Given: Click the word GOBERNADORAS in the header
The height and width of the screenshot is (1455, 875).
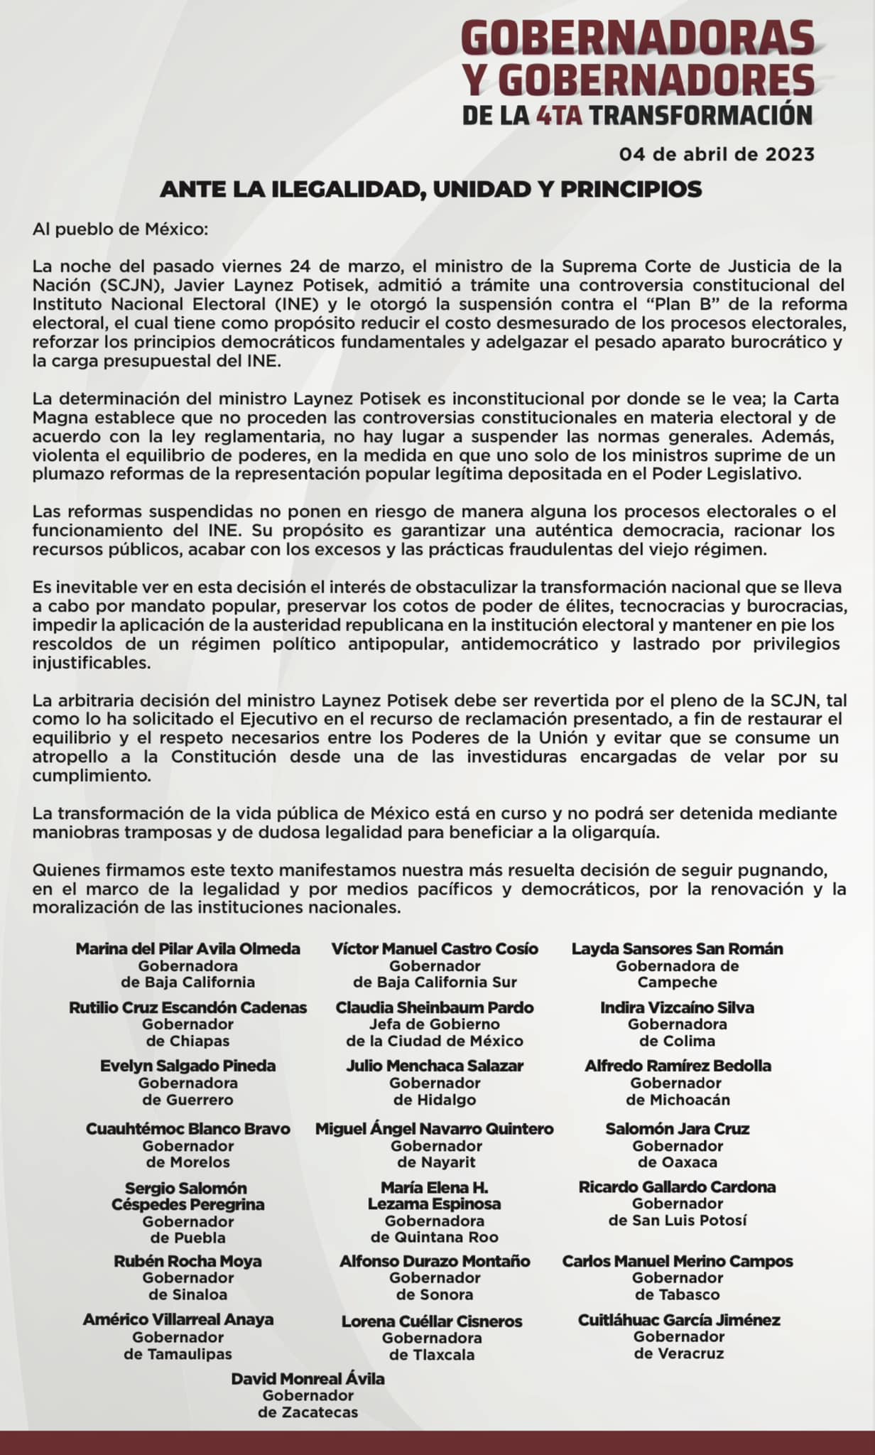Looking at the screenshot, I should tap(638, 38).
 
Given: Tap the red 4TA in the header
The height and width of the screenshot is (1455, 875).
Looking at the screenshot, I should tap(560, 115).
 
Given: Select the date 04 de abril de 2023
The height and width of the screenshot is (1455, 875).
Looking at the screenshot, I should tap(717, 154).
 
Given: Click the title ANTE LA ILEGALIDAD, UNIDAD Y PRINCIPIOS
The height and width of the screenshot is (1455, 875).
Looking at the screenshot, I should tap(430, 189).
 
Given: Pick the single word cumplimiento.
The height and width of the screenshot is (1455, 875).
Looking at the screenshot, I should tap(92, 775).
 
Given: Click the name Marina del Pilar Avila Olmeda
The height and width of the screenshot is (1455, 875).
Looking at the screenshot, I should tap(188, 948).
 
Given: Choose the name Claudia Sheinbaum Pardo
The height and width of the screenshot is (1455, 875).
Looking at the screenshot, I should tap(435, 1007).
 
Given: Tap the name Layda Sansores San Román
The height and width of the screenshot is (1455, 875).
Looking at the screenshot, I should tap(678, 948).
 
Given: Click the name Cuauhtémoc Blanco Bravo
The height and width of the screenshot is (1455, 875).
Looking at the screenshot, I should tap(188, 1128).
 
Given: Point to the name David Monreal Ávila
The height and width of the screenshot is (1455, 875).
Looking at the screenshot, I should tap(308, 1379).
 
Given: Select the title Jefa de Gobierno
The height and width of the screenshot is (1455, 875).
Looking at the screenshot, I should tap(435, 1024).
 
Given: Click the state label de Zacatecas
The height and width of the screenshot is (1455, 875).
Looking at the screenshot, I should tap(308, 1412).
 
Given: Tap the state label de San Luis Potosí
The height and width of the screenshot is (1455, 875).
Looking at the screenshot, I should tap(678, 1221).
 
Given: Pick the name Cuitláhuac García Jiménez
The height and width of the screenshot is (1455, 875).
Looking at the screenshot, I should tap(679, 1320).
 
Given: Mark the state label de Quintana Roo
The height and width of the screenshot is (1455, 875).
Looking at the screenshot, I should tap(435, 1237).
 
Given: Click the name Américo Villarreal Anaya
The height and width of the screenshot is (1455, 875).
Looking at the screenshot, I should tap(178, 1319).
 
